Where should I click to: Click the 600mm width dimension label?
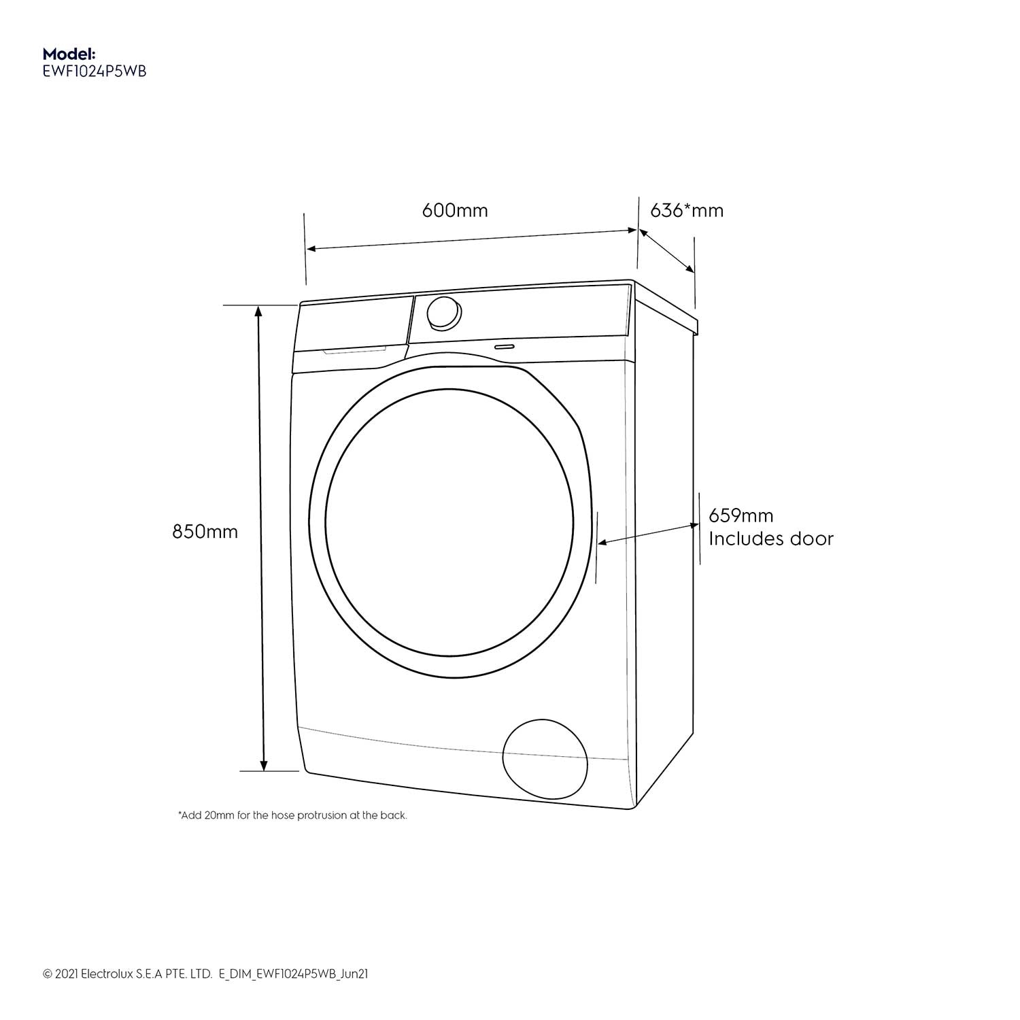click(455, 210)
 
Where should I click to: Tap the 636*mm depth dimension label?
click(687, 210)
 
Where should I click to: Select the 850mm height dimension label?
click(205, 531)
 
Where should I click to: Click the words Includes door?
click(770, 539)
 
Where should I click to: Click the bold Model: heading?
click(69, 53)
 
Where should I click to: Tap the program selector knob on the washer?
click(443, 313)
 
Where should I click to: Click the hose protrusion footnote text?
click(292, 815)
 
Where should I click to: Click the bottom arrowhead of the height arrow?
click(264, 766)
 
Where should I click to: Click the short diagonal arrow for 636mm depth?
click(666, 251)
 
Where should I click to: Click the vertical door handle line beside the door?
click(597, 547)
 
